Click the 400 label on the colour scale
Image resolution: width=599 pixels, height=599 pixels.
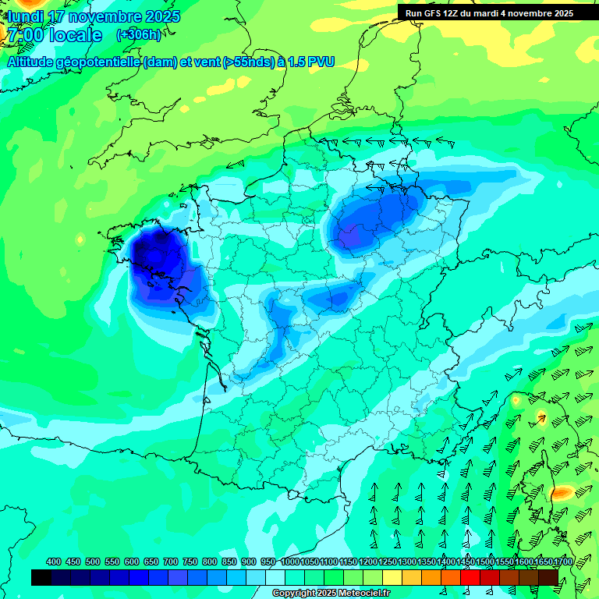(54, 562)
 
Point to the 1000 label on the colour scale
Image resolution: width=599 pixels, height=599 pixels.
(289, 562)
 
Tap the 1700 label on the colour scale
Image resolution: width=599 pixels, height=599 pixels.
(543, 562)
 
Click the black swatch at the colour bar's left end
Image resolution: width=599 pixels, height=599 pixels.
(41, 577)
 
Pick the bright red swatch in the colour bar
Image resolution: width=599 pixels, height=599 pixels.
(470, 577)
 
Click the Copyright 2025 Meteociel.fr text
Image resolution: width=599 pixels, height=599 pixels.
(331, 593)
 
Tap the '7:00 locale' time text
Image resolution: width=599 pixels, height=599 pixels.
(55, 35)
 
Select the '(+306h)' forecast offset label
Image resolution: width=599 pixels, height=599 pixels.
(138, 35)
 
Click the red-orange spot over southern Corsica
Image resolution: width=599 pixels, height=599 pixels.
(562, 493)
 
